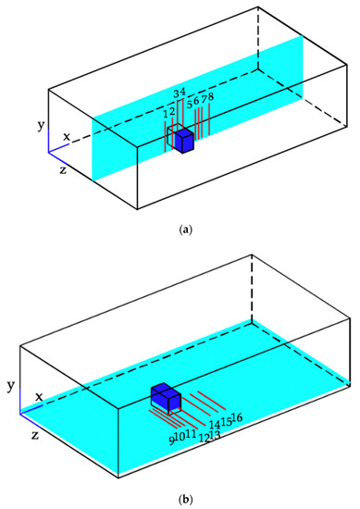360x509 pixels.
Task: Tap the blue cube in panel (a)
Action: (184, 142)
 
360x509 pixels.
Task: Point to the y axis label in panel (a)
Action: (38, 123)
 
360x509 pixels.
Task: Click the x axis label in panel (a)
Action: (67, 137)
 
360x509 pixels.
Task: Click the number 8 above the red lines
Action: (212, 97)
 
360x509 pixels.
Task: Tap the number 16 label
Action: (236, 419)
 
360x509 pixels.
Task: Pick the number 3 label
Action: (176, 93)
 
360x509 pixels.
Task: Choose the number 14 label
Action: (215, 425)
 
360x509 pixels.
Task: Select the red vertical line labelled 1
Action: (166, 135)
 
